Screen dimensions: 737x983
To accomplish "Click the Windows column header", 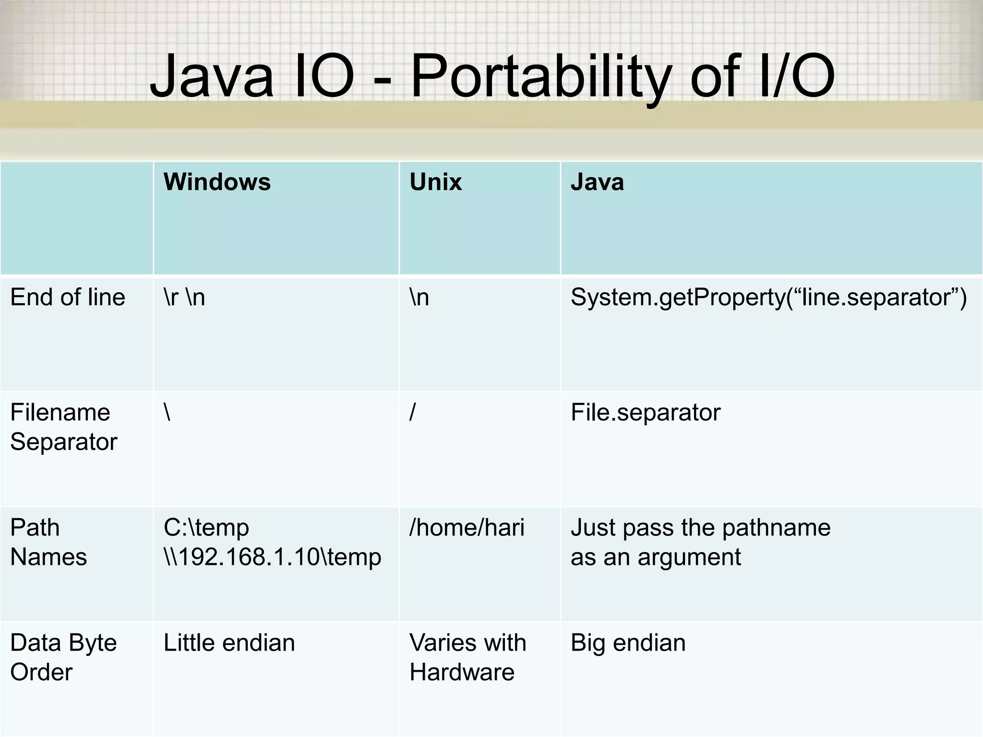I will point(217,182).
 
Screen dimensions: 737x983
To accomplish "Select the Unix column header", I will point(435,182).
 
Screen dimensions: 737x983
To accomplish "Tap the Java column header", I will point(597,182).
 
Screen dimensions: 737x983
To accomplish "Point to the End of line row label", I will point(68,297).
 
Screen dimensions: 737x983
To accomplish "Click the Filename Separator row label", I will point(63,427).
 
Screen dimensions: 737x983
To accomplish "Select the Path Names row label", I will point(48,542).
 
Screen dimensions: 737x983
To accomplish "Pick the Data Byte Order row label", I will point(63,657).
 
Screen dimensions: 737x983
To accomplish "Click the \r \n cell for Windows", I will point(184,297).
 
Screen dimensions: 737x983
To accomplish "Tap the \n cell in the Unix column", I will point(419,297).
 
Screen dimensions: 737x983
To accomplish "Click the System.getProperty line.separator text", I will point(768,297).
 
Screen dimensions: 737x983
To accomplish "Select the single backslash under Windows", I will point(167,412).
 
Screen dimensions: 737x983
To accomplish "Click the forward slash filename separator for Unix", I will point(412,412).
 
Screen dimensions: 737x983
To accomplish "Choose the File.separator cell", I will point(646,412).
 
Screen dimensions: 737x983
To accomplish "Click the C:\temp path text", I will point(206,528).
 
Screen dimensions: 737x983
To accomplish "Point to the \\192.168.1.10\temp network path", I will point(272,557).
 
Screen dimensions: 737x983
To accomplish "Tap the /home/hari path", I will point(467,528).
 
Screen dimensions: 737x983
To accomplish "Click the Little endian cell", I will point(229,643).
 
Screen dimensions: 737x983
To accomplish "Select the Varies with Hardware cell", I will point(468,657).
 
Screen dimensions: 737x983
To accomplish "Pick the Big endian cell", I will point(628,643).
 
